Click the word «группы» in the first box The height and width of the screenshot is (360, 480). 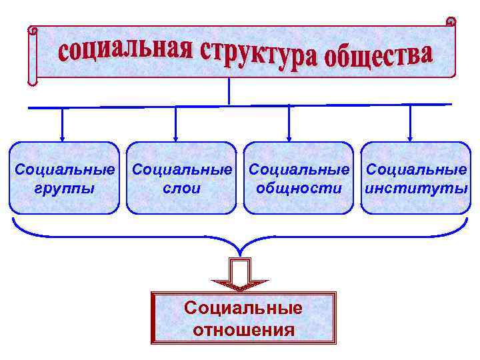point(64,188)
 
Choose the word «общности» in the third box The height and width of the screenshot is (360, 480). point(299,188)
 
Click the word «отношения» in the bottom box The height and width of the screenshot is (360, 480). point(243,329)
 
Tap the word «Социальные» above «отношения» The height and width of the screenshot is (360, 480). point(243,308)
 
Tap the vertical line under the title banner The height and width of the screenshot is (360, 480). point(229,91)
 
